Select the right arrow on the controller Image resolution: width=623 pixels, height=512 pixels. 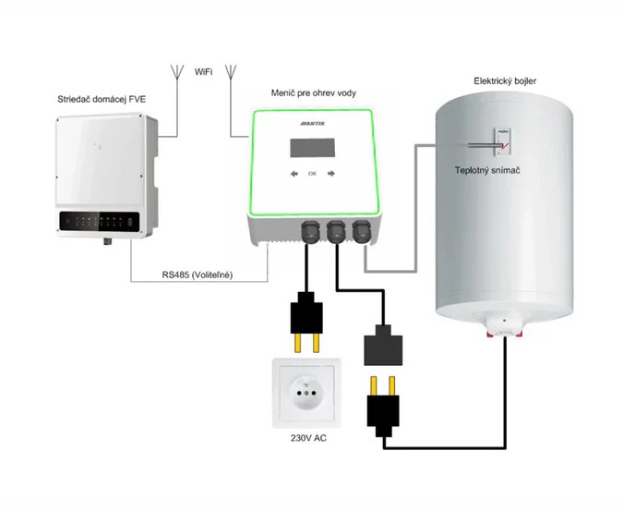point(330,173)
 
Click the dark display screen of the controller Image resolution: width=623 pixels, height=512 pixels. point(313,148)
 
